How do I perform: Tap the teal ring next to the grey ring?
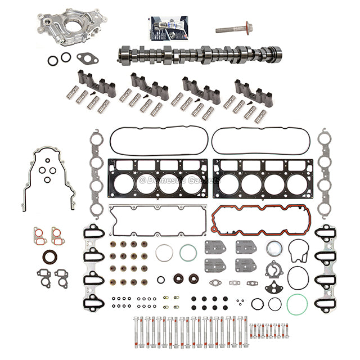188,253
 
